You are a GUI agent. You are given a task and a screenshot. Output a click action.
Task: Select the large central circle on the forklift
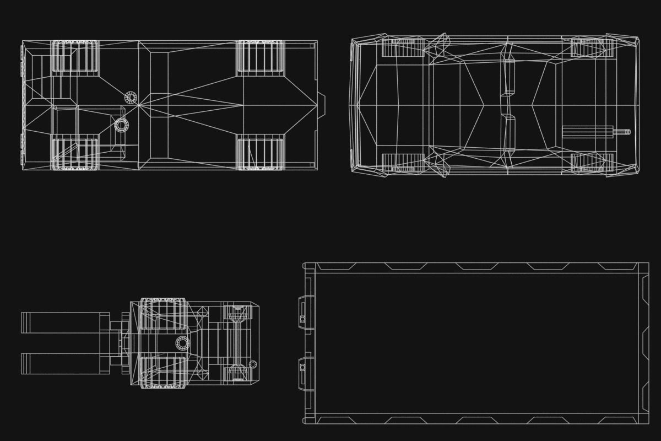pos(183,343)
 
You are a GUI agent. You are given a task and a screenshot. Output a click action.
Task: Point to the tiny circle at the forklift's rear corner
pos(253,364)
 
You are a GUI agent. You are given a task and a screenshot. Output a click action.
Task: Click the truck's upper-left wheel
pos(75,57)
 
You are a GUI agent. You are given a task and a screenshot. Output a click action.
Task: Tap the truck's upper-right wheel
pos(261,57)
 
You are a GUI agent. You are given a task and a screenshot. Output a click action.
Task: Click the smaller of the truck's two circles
pos(131,98)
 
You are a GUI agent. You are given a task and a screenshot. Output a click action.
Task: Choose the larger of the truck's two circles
pos(121,125)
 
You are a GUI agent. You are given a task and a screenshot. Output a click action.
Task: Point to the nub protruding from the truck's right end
pos(322,105)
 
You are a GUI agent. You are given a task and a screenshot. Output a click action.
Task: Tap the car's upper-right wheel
pos(592,47)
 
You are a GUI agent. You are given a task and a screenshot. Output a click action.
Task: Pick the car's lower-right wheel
pos(592,163)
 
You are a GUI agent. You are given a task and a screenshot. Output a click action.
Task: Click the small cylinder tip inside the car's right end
pos(624,132)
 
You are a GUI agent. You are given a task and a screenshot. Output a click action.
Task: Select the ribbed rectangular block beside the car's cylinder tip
pos(587,132)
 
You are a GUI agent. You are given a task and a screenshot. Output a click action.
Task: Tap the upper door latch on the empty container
pos(304,313)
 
